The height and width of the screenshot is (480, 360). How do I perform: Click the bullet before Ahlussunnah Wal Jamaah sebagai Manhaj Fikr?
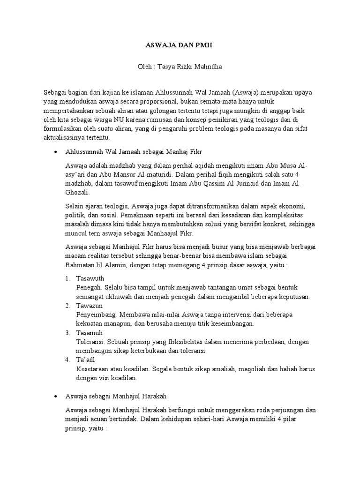coord(56,152)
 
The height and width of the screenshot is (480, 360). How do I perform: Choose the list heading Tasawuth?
coord(90,278)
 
